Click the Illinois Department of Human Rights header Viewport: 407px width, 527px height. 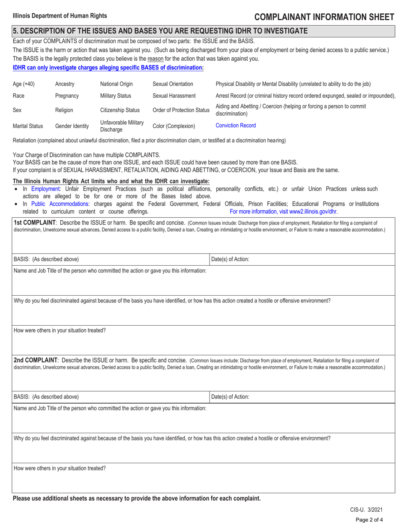60,16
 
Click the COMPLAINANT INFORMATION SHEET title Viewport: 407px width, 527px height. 324,17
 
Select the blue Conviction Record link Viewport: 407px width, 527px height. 236,126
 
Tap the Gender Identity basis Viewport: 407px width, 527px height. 71,126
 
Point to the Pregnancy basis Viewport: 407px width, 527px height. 67,96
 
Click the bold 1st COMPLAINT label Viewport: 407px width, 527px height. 34,223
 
